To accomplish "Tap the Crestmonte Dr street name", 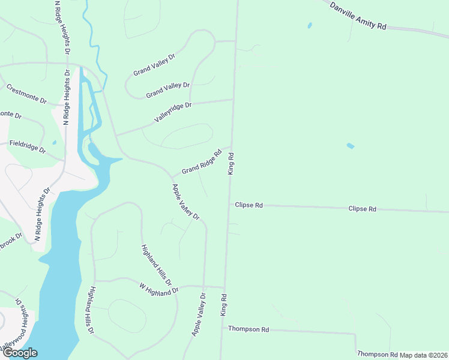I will point(26,94).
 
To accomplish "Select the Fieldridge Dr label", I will point(27,146).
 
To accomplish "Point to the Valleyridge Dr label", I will point(172,112).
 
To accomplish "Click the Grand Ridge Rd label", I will point(202,161).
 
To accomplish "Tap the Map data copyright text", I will point(424,355).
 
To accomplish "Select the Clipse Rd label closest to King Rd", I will point(249,205).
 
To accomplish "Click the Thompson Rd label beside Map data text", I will point(377,355).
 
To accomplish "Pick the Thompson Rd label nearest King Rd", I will point(249,329).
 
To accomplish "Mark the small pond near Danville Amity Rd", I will point(310,26).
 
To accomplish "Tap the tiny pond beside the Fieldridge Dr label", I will point(54,142).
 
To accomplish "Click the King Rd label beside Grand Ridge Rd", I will point(231,163).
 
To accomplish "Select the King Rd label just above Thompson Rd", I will point(224,305).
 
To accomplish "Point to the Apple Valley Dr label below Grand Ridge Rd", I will point(185,202).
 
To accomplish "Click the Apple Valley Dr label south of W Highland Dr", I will point(199,314).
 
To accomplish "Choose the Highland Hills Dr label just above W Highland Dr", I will point(156,265).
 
